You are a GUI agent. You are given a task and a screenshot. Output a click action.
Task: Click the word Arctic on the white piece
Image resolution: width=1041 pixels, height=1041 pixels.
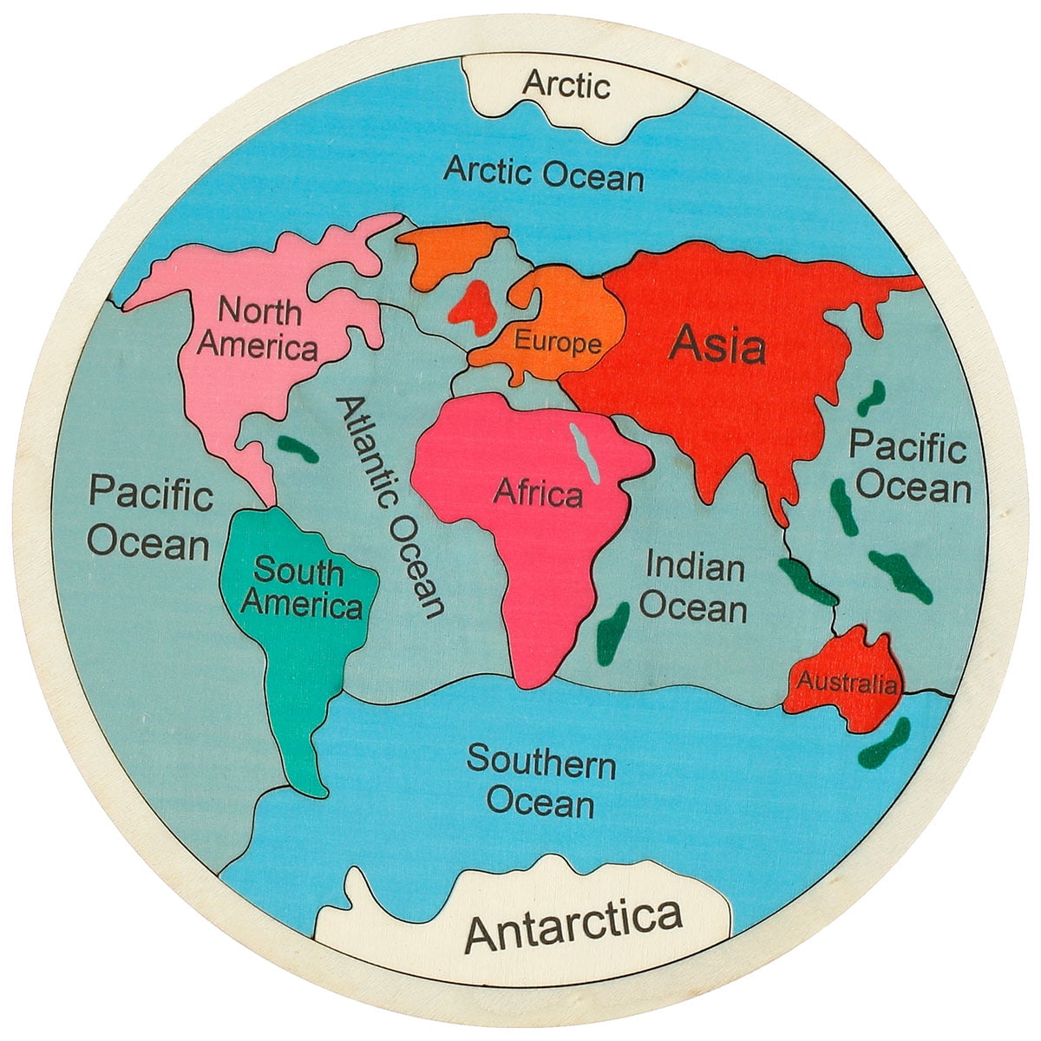(566, 85)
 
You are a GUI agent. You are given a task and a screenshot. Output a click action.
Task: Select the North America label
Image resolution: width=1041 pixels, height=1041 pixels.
(258, 328)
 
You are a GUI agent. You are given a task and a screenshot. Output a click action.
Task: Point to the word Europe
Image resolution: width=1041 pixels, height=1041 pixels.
(558, 342)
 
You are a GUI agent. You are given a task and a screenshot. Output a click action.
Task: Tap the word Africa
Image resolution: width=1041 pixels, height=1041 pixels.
(538, 494)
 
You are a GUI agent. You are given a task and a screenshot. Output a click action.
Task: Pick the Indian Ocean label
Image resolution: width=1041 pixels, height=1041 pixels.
(694, 587)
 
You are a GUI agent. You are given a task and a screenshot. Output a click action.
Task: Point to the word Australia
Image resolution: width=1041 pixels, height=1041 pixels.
(847, 683)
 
